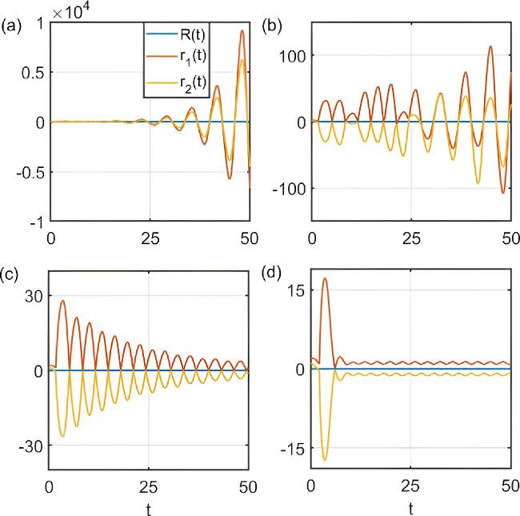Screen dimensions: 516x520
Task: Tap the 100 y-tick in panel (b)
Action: point(294,55)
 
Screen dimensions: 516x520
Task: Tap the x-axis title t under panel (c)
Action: point(150,507)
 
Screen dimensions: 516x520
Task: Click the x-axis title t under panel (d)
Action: point(410,507)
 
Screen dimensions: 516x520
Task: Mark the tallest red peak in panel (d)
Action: point(324,278)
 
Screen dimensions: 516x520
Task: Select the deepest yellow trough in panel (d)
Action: point(324,460)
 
